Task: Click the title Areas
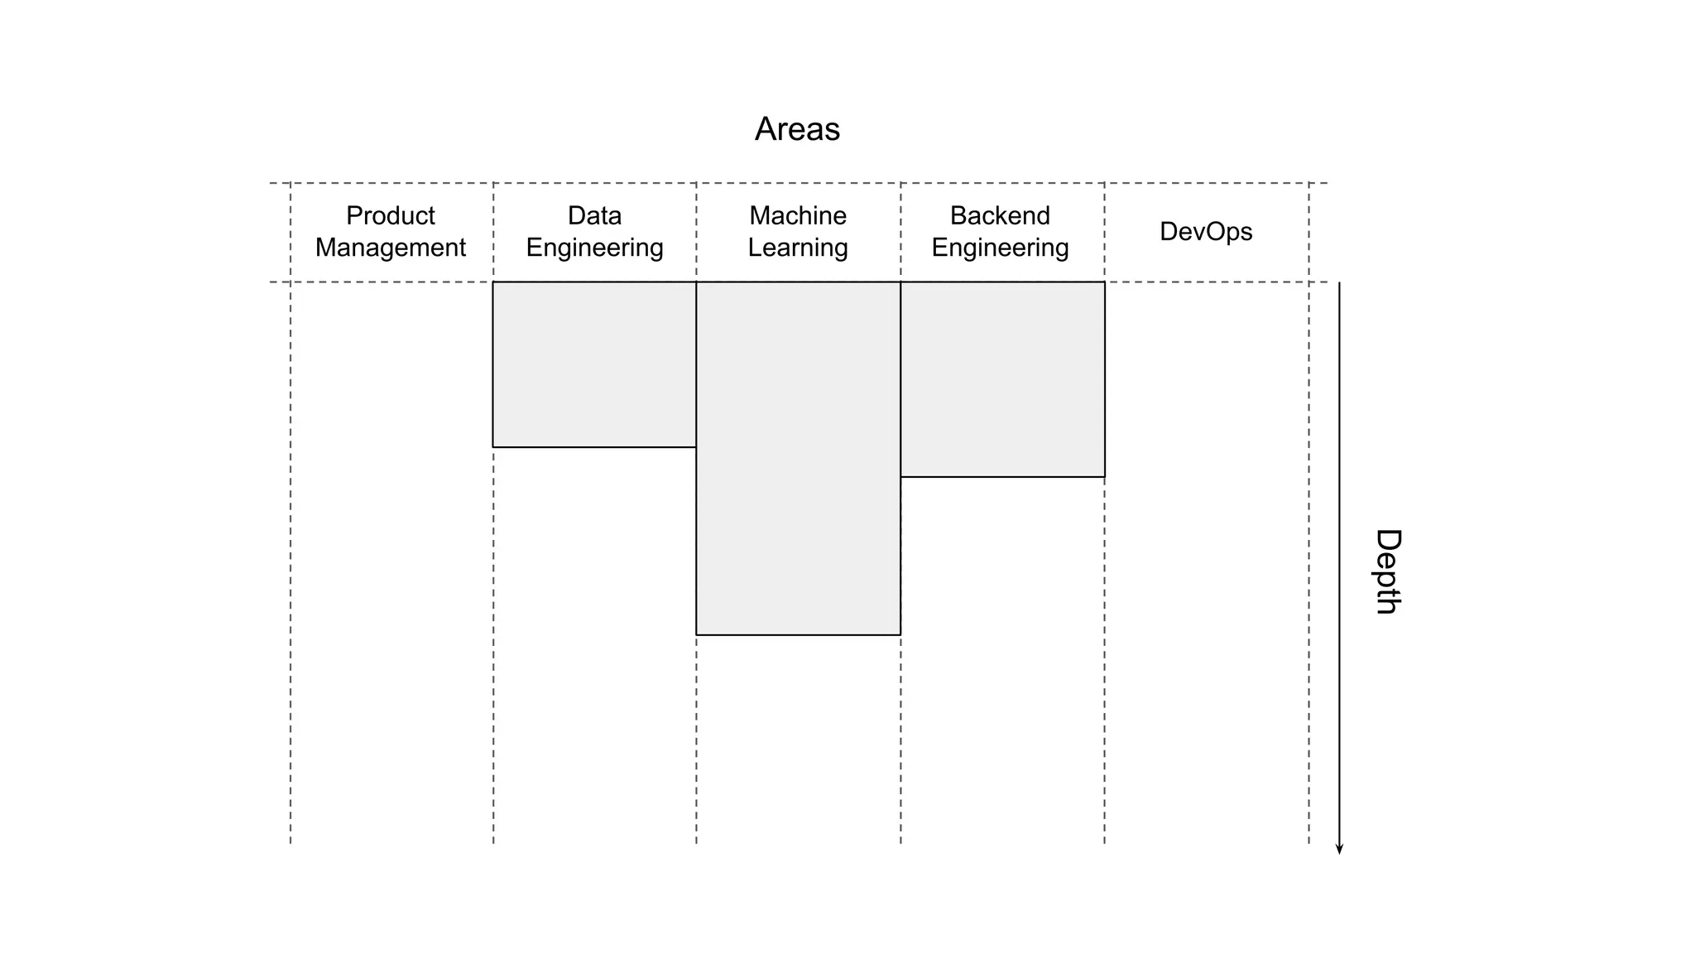(x=797, y=129)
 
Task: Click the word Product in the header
(x=390, y=215)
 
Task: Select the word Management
(x=390, y=248)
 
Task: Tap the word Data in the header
(x=594, y=215)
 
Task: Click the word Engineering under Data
(x=594, y=248)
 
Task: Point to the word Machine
(x=798, y=215)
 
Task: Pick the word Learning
(x=798, y=248)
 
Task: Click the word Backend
(x=1000, y=215)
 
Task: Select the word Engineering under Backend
(x=1000, y=248)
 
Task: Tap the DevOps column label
(x=1206, y=231)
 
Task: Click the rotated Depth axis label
(x=1387, y=571)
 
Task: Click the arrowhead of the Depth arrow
(x=1339, y=849)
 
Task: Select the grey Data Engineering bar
(x=594, y=364)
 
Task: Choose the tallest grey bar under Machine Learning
(x=798, y=458)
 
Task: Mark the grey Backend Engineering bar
(x=1002, y=379)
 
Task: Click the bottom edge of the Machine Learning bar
(x=798, y=635)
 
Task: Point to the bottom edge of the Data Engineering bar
(x=594, y=447)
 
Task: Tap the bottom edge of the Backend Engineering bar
(x=1002, y=477)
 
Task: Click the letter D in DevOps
(x=1169, y=231)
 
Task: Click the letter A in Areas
(x=766, y=129)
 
